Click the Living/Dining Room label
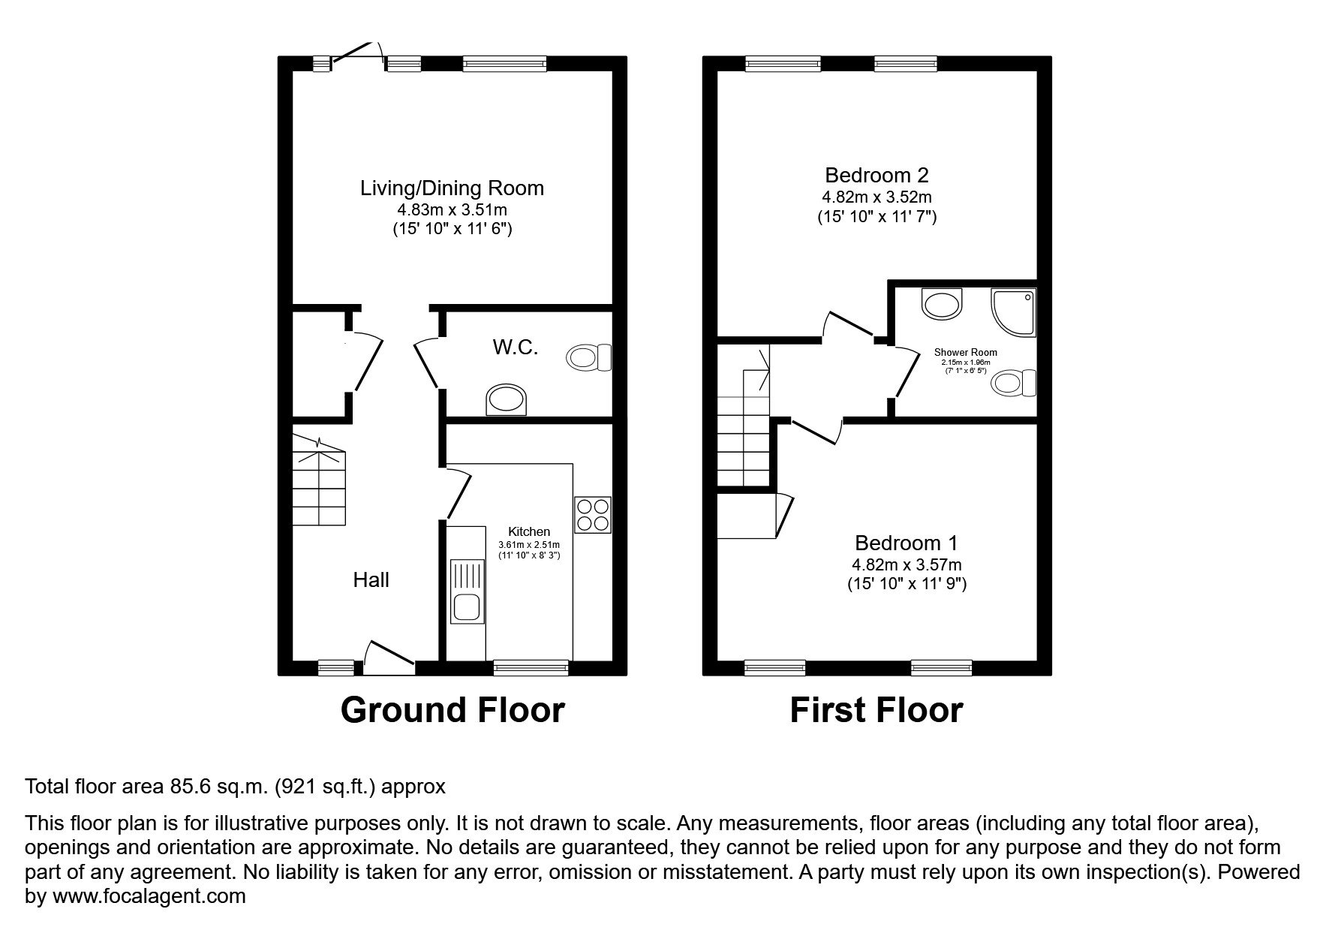pos(452,188)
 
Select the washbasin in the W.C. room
pos(507,399)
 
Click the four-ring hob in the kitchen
pos(593,515)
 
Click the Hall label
pos(371,579)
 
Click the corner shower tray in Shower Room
pos(1014,312)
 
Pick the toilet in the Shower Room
pos(1014,384)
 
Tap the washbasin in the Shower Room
pos(942,305)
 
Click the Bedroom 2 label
pos(876,175)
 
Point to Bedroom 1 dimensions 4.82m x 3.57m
pos(907,564)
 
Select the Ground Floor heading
pos(453,710)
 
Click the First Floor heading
pos(876,710)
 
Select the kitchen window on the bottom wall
pos(531,667)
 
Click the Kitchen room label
pos(529,531)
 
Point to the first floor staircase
pos(744,428)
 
